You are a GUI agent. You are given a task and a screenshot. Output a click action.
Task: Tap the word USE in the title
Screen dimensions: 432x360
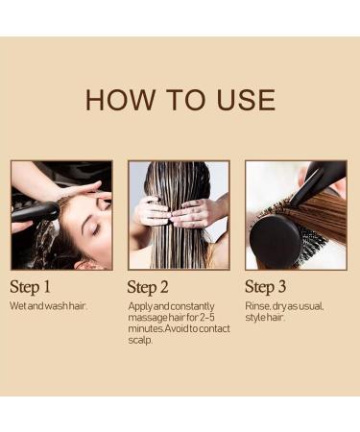(x=242, y=100)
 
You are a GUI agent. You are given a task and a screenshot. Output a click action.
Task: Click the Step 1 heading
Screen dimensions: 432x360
(x=35, y=286)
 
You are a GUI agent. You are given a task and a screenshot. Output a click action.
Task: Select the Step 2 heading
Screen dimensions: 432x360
(x=154, y=286)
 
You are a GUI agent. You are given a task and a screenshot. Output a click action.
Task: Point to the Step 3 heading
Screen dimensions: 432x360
(x=272, y=286)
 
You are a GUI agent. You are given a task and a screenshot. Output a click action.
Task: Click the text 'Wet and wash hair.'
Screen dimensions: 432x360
(x=48, y=306)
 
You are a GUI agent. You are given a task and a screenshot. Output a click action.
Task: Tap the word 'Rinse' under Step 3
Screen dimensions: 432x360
(x=258, y=306)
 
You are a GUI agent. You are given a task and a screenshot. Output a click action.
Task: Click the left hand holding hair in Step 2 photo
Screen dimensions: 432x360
(x=154, y=211)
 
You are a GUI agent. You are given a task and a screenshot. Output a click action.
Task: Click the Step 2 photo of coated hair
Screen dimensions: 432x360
(x=179, y=215)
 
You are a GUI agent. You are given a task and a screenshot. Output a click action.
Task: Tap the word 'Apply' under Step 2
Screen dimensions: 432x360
(x=140, y=306)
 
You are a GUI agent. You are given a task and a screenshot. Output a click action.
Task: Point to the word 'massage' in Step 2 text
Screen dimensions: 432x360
(x=146, y=318)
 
